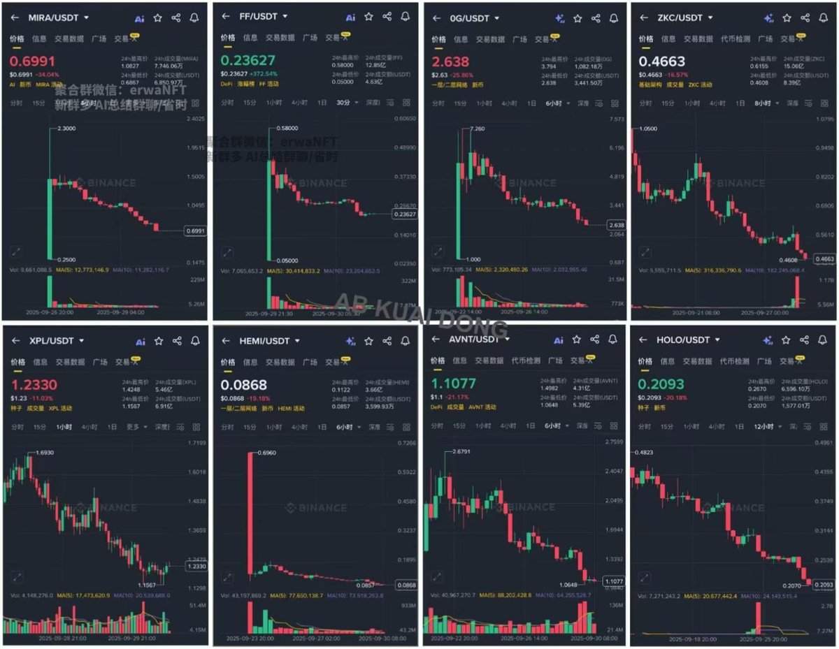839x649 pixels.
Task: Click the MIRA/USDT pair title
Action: (54, 17)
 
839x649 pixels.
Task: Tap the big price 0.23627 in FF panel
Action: (248, 61)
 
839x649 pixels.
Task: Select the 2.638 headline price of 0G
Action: (451, 62)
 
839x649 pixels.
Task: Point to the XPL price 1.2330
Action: (34, 384)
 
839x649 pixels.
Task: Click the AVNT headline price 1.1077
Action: (453, 384)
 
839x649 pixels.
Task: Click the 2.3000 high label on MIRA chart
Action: (66, 129)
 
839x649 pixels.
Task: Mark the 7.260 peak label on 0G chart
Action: (478, 129)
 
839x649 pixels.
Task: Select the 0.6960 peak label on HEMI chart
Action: (266, 453)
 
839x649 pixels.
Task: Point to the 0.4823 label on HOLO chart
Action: (644, 453)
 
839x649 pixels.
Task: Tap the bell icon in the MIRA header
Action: (194, 17)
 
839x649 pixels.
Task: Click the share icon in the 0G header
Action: (596, 18)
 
